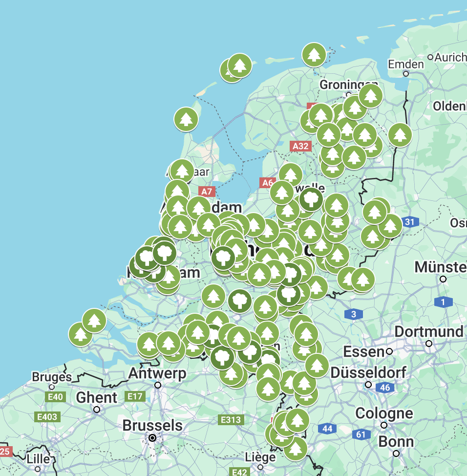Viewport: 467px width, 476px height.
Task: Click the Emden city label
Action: pos(405,65)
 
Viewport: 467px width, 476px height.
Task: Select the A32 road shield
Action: pos(300,146)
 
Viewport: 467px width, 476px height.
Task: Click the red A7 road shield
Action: pos(207,192)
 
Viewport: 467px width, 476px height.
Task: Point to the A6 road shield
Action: pos(267,183)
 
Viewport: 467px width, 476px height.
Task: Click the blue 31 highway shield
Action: pos(410,222)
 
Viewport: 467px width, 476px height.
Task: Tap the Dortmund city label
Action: pos(428,332)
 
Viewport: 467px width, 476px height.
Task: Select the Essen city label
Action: pos(363,351)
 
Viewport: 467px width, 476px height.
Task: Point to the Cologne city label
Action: pos(384,413)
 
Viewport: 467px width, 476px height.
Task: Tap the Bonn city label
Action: pos(396,442)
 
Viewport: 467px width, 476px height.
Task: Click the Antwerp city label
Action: pos(157,374)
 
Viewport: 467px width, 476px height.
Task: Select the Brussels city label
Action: pos(152,426)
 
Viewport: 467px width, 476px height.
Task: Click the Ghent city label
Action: pos(96,398)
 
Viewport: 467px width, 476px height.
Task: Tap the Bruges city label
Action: pos(52,377)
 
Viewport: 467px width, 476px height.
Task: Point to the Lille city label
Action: pos(38,459)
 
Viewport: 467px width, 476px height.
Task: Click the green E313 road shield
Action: pos(231,420)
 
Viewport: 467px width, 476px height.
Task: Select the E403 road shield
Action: pos(47,417)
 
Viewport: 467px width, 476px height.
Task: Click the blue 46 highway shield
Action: pos(385,388)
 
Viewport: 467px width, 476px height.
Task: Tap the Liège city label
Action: pos(260,457)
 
